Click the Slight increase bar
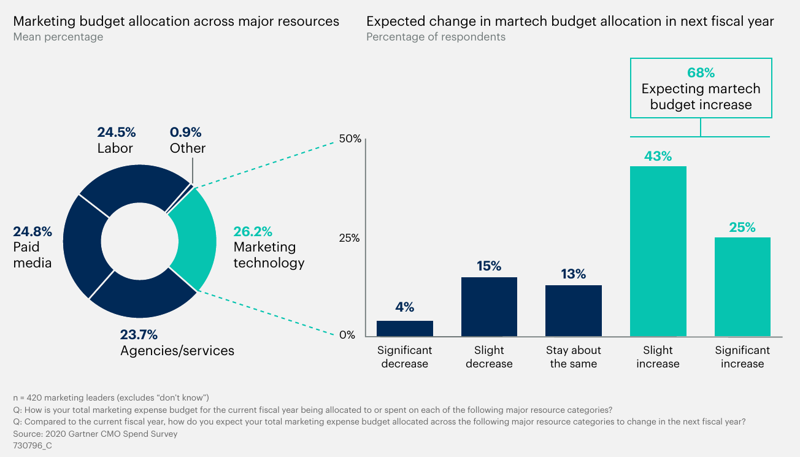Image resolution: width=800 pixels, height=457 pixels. click(658, 252)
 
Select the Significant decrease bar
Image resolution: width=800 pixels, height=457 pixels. click(404, 329)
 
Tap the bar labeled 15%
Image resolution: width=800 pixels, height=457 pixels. click(489, 307)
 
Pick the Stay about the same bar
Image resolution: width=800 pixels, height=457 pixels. click(574, 311)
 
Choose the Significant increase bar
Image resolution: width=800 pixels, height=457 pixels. click(742, 286)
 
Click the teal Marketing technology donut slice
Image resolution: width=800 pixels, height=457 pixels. click(194, 239)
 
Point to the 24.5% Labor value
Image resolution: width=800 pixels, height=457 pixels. click(117, 132)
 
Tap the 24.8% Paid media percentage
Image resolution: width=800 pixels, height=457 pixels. click(33, 232)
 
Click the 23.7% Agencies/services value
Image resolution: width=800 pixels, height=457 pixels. click(139, 335)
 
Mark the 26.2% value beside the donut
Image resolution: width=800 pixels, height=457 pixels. click(253, 232)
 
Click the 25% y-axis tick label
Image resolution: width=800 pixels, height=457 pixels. click(350, 238)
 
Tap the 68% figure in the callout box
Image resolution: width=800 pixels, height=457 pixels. click(701, 72)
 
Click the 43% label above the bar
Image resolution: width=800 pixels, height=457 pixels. click(658, 156)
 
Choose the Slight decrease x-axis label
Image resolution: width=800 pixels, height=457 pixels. click(489, 357)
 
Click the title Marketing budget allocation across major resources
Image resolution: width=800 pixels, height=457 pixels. click(176, 21)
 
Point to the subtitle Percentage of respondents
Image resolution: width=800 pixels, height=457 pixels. click(436, 37)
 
